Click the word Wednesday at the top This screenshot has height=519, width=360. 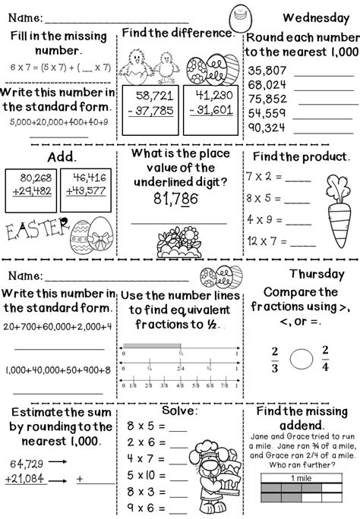tap(314, 17)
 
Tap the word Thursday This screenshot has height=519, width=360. tap(318, 275)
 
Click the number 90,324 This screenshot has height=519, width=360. tap(267, 127)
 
